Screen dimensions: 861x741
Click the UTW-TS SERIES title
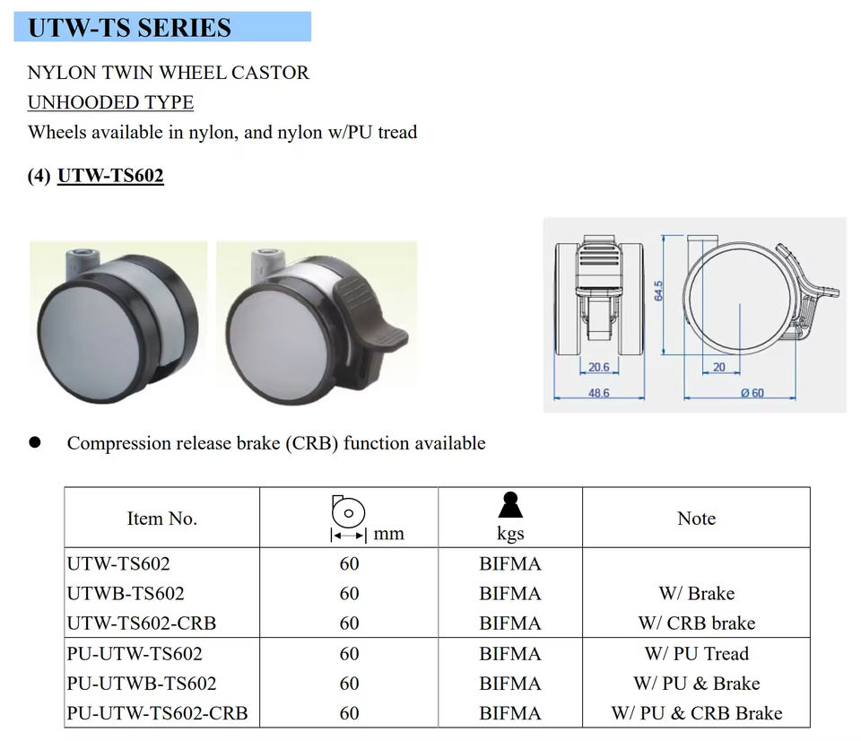coord(130,28)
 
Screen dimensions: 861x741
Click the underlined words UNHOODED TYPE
coord(110,102)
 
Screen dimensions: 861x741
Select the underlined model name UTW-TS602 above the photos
coord(110,176)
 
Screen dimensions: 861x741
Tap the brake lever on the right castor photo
coord(371,315)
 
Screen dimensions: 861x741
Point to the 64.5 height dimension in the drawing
coord(659,291)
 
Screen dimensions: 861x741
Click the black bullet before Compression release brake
coord(35,442)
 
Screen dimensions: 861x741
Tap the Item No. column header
coord(161,519)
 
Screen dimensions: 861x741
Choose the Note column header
coord(696,519)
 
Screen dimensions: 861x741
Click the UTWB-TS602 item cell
coord(126,593)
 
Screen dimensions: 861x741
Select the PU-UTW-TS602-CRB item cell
coord(157,713)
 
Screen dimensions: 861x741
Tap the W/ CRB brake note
coord(696,623)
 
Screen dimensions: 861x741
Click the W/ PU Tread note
coord(696,653)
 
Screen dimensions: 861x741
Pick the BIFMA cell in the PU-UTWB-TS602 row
coord(509,684)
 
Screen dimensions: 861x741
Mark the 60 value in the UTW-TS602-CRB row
coord(349,623)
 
